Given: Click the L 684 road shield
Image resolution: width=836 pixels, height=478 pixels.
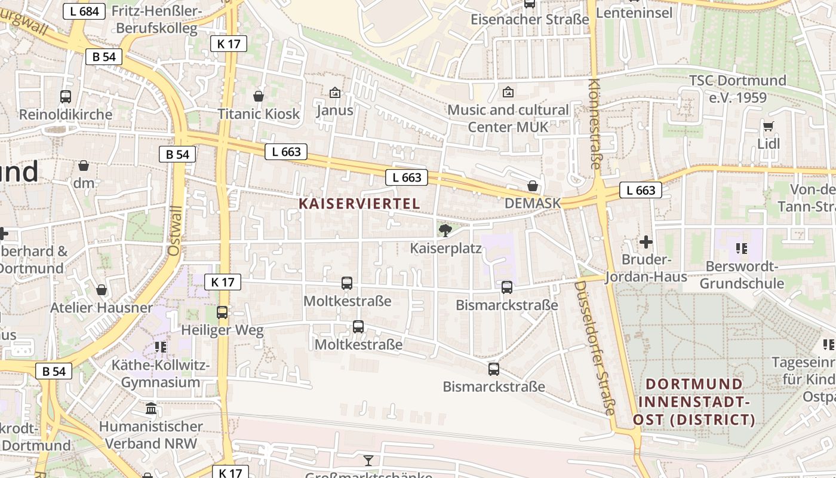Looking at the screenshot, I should tap(84, 11).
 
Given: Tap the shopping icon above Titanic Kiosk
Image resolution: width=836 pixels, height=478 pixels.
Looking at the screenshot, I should tap(259, 96).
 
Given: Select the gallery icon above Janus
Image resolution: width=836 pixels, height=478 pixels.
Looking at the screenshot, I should tap(334, 93).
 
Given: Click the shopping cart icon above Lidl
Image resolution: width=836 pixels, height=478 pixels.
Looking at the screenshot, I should tap(768, 126).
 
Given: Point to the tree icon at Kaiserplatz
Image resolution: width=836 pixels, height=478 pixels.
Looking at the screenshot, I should tap(445, 230).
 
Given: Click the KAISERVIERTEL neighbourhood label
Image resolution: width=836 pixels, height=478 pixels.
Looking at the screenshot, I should tap(359, 204).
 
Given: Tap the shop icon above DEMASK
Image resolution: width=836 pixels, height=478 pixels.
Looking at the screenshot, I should tap(533, 186).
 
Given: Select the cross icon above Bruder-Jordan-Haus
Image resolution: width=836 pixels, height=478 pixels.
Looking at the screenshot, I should tap(646, 242).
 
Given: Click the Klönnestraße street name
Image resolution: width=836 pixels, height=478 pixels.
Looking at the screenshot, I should tap(594, 124).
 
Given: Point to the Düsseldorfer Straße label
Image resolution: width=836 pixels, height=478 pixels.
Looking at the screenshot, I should tap(594, 348).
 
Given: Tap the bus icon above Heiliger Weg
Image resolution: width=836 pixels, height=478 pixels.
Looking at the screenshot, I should tap(222, 312).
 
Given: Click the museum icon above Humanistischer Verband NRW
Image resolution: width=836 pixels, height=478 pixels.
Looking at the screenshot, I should tap(151, 409).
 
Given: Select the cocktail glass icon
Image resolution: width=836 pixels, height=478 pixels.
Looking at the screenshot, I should tap(368, 460).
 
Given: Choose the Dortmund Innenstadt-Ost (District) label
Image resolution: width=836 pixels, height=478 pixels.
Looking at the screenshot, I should tap(694, 402).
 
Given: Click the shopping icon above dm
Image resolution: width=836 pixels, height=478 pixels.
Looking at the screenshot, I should tap(84, 166).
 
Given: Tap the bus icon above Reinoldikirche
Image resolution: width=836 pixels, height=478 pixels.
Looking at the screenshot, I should tap(66, 96).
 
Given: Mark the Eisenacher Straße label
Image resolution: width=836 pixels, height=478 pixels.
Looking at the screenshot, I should tap(530, 19).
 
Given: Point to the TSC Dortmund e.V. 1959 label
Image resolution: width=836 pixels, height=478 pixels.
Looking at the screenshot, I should tap(737, 88).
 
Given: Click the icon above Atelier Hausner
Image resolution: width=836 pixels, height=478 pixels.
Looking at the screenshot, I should tap(102, 290).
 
